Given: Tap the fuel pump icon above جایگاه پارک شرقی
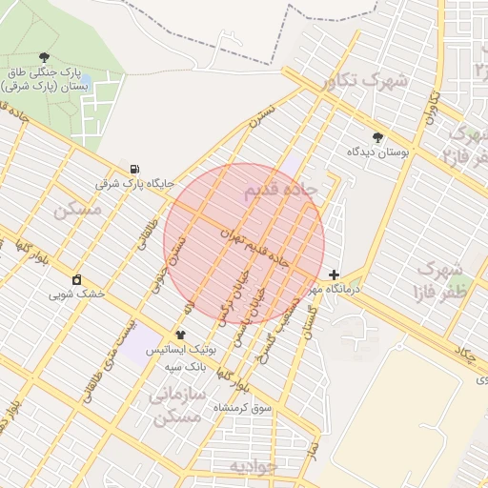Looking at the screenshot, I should (132, 168).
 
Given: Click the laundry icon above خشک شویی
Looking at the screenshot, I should (75, 279).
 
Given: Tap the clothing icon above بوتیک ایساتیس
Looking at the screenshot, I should (181, 335).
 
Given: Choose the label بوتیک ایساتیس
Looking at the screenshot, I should (181, 350).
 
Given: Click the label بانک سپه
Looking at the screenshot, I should (185, 365).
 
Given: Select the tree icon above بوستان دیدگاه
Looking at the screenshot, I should (377, 137).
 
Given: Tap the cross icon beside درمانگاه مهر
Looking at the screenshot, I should (332, 274).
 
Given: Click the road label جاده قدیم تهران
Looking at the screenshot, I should (254, 247).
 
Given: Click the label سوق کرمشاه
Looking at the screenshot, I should (243, 407).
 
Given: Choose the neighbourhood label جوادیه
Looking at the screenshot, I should (253, 466).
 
